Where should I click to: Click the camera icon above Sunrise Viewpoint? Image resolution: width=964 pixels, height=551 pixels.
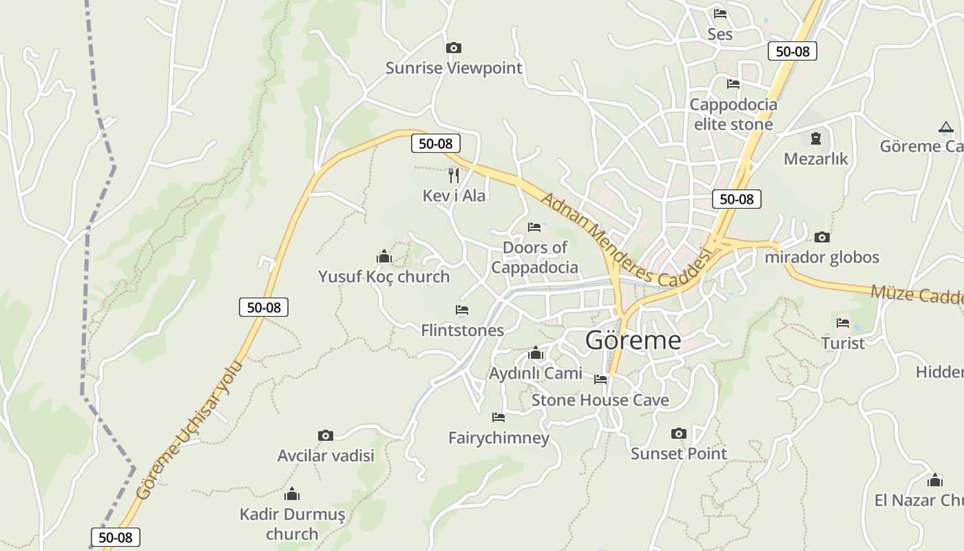click(x=453, y=48)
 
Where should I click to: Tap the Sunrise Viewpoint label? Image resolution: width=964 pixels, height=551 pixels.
click(x=454, y=68)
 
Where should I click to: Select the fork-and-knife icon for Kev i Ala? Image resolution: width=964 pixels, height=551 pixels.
click(x=453, y=176)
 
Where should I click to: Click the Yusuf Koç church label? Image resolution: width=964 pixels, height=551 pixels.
click(x=384, y=277)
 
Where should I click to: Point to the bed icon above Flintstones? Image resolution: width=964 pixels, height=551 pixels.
click(x=462, y=310)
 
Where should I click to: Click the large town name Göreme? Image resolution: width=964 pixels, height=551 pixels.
click(x=633, y=340)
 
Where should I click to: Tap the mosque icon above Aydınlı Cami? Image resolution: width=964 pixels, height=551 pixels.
click(x=536, y=353)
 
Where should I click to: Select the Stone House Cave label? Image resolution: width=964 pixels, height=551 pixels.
click(x=600, y=400)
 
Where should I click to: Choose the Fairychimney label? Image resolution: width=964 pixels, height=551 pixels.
click(x=499, y=438)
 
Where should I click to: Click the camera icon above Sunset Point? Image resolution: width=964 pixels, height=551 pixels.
click(x=679, y=433)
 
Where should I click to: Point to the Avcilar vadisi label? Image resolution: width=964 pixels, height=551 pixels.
click(x=326, y=456)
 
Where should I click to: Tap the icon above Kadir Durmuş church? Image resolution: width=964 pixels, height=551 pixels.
click(x=292, y=494)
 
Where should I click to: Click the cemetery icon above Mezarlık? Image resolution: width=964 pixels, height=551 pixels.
click(x=816, y=138)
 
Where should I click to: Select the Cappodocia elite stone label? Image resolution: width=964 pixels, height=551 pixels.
click(x=733, y=114)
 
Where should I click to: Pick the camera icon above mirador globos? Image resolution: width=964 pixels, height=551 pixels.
click(x=821, y=237)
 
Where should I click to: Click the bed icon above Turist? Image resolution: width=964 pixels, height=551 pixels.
click(x=843, y=322)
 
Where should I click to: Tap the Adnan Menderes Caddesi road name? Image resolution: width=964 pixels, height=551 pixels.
click(x=625, y=240)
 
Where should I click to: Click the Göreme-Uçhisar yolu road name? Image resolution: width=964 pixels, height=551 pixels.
click(x=190, y=430)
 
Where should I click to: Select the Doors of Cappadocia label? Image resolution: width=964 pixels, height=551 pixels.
click(x=535, y=258)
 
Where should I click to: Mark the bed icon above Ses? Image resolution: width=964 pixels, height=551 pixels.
click(x=720, y=13)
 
